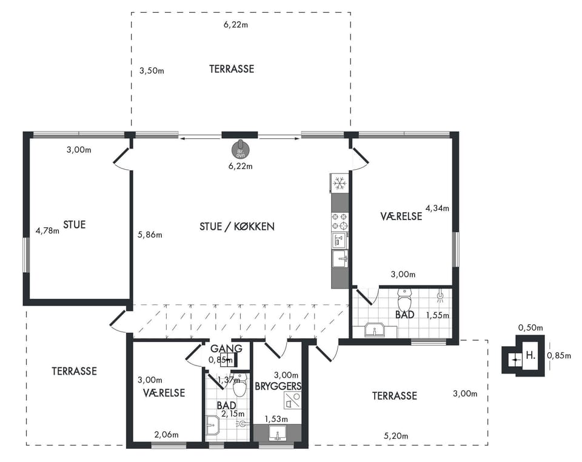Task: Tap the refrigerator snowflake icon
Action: (339, 183)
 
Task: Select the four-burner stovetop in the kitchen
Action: (339, 221)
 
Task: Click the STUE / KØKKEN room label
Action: (237, 226)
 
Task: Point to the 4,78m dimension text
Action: (47, 231)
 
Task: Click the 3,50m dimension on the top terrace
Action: (152, 70)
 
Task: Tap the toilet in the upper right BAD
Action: (404, 300)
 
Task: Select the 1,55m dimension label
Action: (437, 315)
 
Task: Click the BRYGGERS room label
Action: (278, 386)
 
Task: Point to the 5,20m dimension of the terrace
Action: (396, 436)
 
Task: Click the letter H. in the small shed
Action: (530, 355)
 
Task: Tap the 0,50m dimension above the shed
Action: (530, 327)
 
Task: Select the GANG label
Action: (226, 349)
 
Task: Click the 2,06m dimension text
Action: (166, 435)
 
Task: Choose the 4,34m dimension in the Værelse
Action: (437, 208)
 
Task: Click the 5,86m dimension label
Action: (150, 235)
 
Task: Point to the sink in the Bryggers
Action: (277, 434)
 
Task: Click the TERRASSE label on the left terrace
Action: (74, 371)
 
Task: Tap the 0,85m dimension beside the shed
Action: (559, 355)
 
